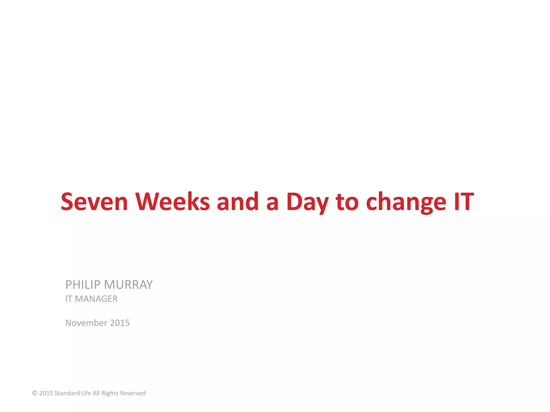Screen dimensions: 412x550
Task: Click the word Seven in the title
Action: click(94, 202)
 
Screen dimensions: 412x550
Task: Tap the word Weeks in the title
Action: click(172, 202)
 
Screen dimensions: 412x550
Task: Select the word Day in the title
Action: click(307, 202)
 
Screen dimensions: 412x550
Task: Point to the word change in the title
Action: click(406, 202)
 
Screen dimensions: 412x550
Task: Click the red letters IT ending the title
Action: click(464, 202)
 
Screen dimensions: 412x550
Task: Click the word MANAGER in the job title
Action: click(96, 299)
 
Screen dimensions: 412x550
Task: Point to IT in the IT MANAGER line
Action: click(69, 299)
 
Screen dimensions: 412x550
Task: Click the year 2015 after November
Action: click(120, 323)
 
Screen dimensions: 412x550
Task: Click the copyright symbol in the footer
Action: click(35, 393)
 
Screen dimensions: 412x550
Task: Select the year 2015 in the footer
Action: click(46, 393)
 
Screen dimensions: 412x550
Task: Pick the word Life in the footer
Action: click(86, 393)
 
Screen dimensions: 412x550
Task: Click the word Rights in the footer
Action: click(110, 393)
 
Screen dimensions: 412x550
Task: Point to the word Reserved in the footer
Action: click(133, 393)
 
